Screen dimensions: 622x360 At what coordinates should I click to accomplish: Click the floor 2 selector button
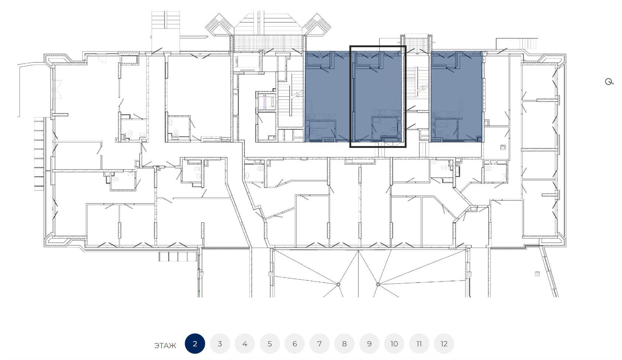point(195,344)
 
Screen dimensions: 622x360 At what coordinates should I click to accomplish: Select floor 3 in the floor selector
point(220,344)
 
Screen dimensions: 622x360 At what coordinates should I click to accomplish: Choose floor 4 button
point(245,344)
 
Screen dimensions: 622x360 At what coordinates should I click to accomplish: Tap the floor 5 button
point(270,344)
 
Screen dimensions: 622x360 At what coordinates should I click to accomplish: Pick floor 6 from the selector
point(295,344)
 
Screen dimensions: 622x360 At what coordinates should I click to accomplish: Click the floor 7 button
point(319,344)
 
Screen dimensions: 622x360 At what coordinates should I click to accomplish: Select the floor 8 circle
point(344,344)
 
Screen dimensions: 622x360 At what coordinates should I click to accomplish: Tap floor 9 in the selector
point(369,344)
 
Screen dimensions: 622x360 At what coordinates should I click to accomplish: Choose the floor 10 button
point(394,344)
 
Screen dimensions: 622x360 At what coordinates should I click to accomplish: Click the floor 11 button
point(419,344)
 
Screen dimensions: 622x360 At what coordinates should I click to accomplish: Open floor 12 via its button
point(444,344)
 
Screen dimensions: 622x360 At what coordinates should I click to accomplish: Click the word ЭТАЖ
point(165,346)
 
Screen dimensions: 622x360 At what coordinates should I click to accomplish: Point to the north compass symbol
point(609,82)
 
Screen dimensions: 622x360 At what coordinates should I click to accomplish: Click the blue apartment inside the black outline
point(378,97)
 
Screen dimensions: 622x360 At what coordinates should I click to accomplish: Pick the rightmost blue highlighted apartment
point(456,97)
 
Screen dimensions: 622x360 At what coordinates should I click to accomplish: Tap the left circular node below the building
point(338,284)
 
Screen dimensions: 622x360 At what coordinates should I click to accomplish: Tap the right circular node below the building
point(378,284)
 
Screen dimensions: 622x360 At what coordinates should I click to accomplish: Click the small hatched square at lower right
point(537,274)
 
